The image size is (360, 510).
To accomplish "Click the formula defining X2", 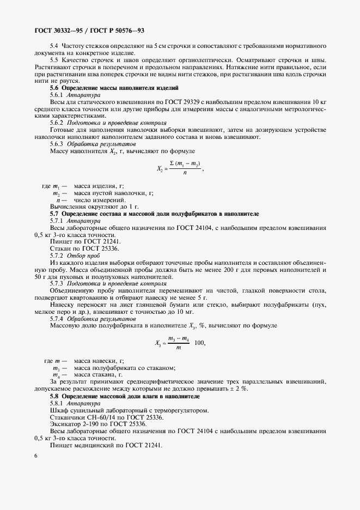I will tap(180, 169).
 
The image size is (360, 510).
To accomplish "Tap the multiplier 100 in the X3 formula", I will tap(200, 343).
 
